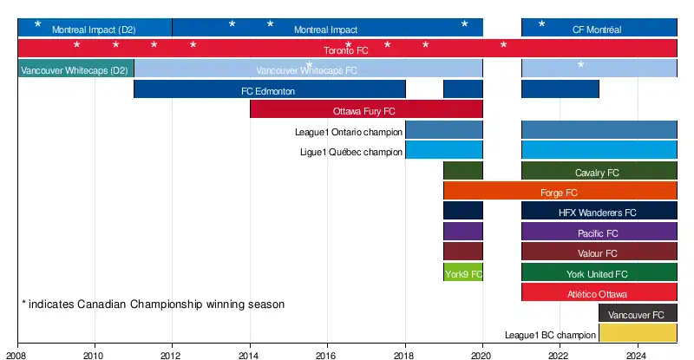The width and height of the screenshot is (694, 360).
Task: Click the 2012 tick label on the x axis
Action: click(172, 354)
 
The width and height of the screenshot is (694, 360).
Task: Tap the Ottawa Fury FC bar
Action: click(366, 110)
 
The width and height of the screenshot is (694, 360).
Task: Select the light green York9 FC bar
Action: click(463, 273)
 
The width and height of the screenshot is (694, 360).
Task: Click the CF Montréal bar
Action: click(599, 28)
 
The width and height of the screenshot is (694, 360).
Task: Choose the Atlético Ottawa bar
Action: click(599, 293)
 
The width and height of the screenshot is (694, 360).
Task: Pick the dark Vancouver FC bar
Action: click(638, 313)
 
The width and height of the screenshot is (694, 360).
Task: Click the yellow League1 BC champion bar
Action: click(638, 333)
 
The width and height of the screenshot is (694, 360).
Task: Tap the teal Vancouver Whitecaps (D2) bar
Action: click(75, 69)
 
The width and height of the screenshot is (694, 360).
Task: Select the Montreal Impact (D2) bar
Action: click(95, 28)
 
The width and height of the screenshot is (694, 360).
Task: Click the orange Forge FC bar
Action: click(560, 192)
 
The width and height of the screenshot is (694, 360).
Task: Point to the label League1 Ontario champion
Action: click(349, 132)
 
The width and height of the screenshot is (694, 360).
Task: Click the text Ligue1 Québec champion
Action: click(350, 152)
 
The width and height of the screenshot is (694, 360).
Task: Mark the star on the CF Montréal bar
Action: click(542, 24)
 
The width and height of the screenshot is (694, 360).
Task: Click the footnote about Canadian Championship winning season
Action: click(153, 304)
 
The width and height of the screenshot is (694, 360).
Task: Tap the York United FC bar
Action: click(599, 273)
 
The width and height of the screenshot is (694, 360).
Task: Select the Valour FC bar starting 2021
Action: click(599, 252)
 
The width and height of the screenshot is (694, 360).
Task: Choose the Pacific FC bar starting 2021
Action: click(599, 232)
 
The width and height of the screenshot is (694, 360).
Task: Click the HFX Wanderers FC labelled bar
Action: click(599, 212)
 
